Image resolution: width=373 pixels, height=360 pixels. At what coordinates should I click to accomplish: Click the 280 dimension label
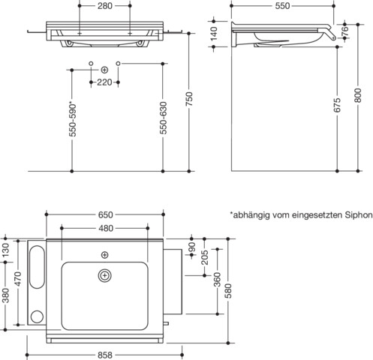(x=105, y=6)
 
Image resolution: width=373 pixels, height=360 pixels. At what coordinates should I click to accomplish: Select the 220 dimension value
(x=104, y=82)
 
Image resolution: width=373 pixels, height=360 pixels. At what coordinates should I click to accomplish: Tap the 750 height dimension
(x=189, y=99)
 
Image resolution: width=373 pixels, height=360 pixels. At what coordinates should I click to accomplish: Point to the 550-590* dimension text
(x=73, y=121)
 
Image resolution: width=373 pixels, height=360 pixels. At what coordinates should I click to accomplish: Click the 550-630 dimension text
(x=163, y=118)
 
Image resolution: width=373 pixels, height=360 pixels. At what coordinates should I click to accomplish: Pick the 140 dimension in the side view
(x=214, y=34)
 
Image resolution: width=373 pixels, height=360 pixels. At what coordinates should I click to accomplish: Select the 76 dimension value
(x=345, y=31)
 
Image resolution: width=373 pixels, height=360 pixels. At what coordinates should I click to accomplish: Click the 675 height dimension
(x=337, y=105)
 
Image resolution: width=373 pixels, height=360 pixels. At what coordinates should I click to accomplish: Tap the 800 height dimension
(x=358, y=95)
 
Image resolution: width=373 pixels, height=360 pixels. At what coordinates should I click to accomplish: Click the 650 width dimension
(x=105, y=214)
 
